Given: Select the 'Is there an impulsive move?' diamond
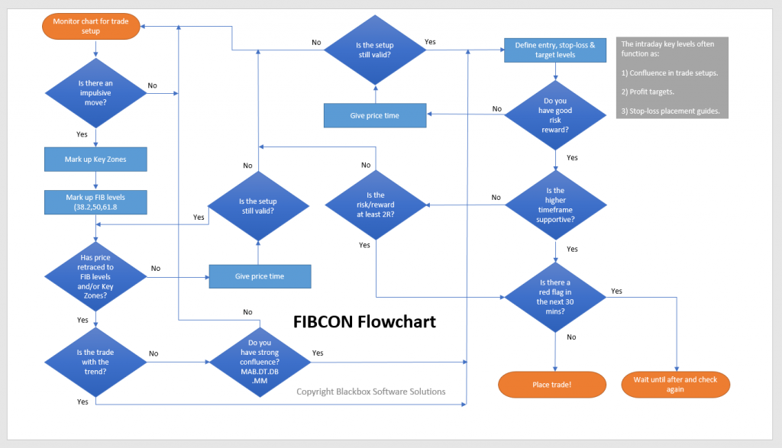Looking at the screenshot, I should point(95,93).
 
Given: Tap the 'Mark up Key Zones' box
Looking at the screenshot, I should point(95,160).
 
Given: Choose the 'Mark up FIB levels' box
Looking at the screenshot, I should point(95,202).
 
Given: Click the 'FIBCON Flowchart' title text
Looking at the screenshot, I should point(364,321).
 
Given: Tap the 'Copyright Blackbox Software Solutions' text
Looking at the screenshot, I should point(370,392).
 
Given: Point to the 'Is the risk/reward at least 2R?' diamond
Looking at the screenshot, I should point(376,205).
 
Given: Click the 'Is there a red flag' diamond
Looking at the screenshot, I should point(553,297).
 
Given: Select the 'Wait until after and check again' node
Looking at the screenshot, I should point(675,384).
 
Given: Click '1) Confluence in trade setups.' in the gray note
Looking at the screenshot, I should point(670,73).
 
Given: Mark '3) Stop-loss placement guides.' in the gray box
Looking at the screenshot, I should point(671,112).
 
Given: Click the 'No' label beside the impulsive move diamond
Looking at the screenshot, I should point(153,85).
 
